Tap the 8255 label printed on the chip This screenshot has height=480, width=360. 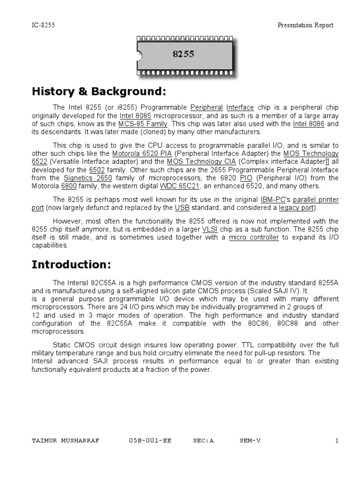click(x=183, y=54)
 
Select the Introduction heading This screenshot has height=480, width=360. click(x=71, y=264)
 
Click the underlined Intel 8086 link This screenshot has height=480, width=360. click(x=308, y=124)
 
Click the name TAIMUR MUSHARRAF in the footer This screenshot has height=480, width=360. click(x=65, y=441)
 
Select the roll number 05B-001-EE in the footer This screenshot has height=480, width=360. click(x=150, y=441)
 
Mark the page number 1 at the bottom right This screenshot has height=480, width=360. click(x=337, y=441)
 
